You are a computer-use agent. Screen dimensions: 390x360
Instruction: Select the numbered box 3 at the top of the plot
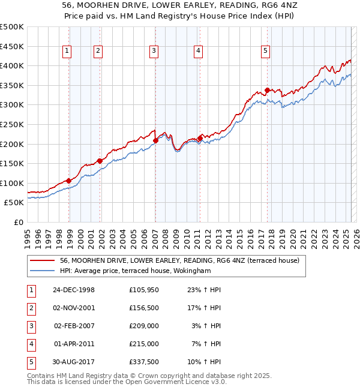[x=154, y=52]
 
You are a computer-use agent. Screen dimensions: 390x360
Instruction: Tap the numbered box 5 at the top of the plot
[x=265, y=52]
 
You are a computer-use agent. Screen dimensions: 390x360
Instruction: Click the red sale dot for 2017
[x=267, y=91]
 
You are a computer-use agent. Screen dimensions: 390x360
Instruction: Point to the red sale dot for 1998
[x=69, y=181]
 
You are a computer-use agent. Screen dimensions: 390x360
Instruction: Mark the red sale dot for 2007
[x=155, y=140]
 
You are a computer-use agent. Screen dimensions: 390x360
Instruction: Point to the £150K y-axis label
[x=12, y=164]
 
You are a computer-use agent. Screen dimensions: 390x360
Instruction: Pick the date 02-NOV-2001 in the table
[x=74, y=308]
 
